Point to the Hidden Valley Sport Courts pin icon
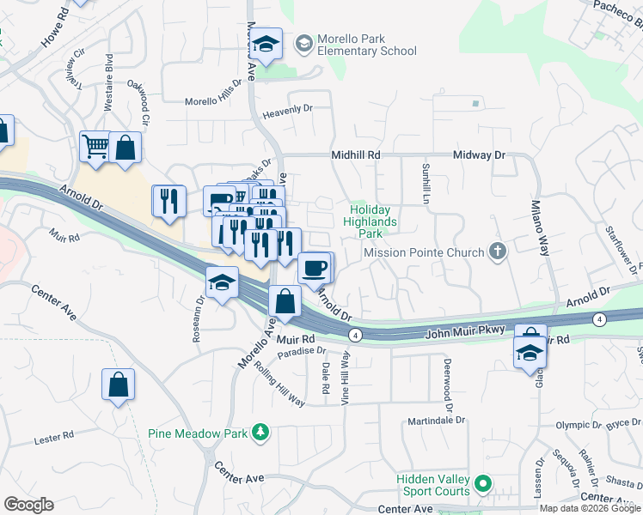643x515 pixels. coord(483,485)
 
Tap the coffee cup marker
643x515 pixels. coord(315,268)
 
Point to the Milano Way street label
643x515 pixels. coord(538,226)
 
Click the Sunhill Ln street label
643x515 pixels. coord(426,182)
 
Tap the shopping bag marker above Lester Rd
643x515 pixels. coord(118,385)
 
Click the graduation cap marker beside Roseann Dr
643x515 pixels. coord(222,283)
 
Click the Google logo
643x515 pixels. coord(28,505)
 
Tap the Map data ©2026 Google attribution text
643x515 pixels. coord(589,508)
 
